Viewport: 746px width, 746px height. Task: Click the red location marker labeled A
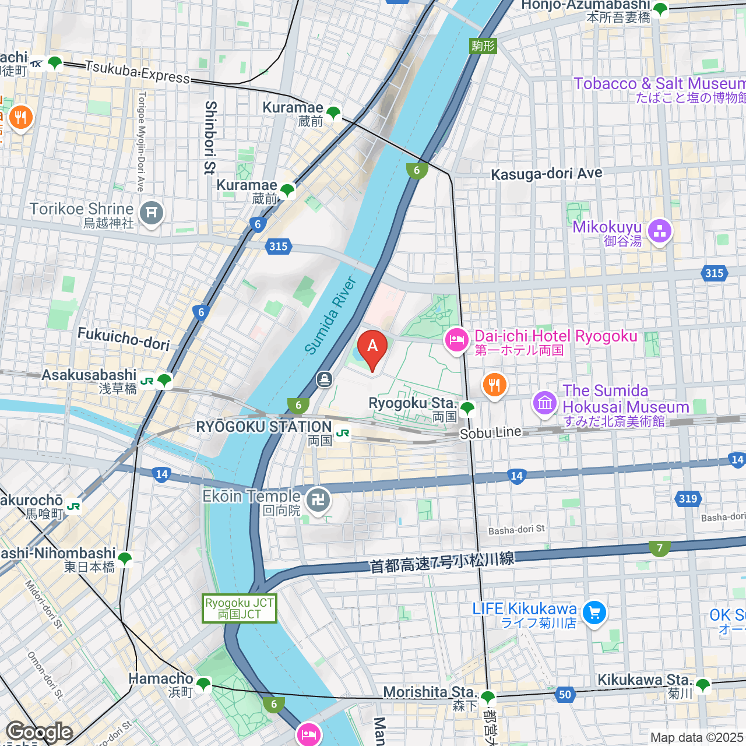[x=372, y=347]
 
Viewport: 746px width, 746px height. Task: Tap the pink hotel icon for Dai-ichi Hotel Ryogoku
[x=456, y=341]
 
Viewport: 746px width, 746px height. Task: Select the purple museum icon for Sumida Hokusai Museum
[x=546, y=403]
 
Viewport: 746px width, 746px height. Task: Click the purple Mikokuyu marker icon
[x=659, y=231]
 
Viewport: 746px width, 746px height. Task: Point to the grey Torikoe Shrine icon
[x=152, y=213]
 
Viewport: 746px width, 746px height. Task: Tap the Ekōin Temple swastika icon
[x=318, y=500]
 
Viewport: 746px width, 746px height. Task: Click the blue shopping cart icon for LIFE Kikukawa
[x=594, y=613]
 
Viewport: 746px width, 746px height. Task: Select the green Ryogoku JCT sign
[x=240, y=608]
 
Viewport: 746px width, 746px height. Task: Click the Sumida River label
[x=330, y=316]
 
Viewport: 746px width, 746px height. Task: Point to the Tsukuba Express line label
[x=138, y=72]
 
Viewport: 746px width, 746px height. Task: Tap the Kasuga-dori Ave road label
[x=546, y=174]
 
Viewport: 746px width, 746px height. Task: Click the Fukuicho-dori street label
[x=124, y=338]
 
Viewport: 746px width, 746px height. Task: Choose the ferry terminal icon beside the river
[x=325, y=380]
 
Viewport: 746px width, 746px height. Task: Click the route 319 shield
[x=688, y=498]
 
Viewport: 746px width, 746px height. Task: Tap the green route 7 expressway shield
[x=659, y=548]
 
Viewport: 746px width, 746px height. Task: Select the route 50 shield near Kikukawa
[x=565, y=694]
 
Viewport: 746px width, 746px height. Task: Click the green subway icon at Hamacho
[x=203, y=684]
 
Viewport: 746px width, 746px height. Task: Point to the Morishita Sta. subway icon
[x=488, y=696]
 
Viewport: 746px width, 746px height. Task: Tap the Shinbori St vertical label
[x=211, y=138]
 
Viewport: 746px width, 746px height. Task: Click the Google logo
[x=39, y=732]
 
